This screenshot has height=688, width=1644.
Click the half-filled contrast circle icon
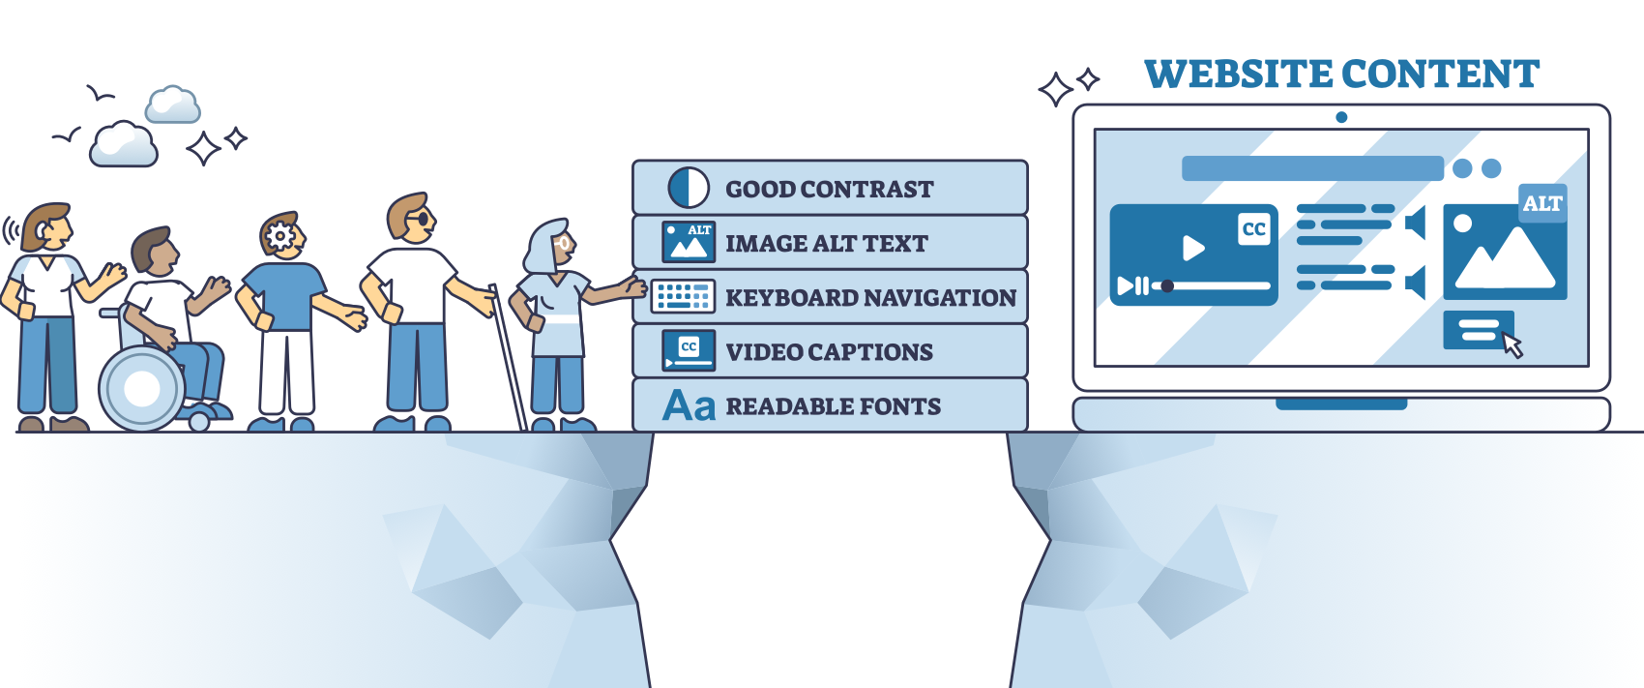689,188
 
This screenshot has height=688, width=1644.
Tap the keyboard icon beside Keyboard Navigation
683,296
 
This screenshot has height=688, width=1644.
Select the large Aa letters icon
689,405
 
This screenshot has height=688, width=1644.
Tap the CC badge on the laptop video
1253,229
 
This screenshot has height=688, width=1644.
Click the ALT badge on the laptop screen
1541,203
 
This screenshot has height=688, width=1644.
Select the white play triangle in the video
1193,249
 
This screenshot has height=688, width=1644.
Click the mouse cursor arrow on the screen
1512,344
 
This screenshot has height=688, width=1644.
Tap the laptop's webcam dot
1341,117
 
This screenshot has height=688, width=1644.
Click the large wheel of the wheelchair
141,389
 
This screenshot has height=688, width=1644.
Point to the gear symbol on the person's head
279,235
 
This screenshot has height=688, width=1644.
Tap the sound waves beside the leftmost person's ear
11,230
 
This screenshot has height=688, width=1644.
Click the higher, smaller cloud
173,105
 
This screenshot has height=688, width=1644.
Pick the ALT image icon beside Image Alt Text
689,242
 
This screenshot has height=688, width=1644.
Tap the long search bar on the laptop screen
1312,168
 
